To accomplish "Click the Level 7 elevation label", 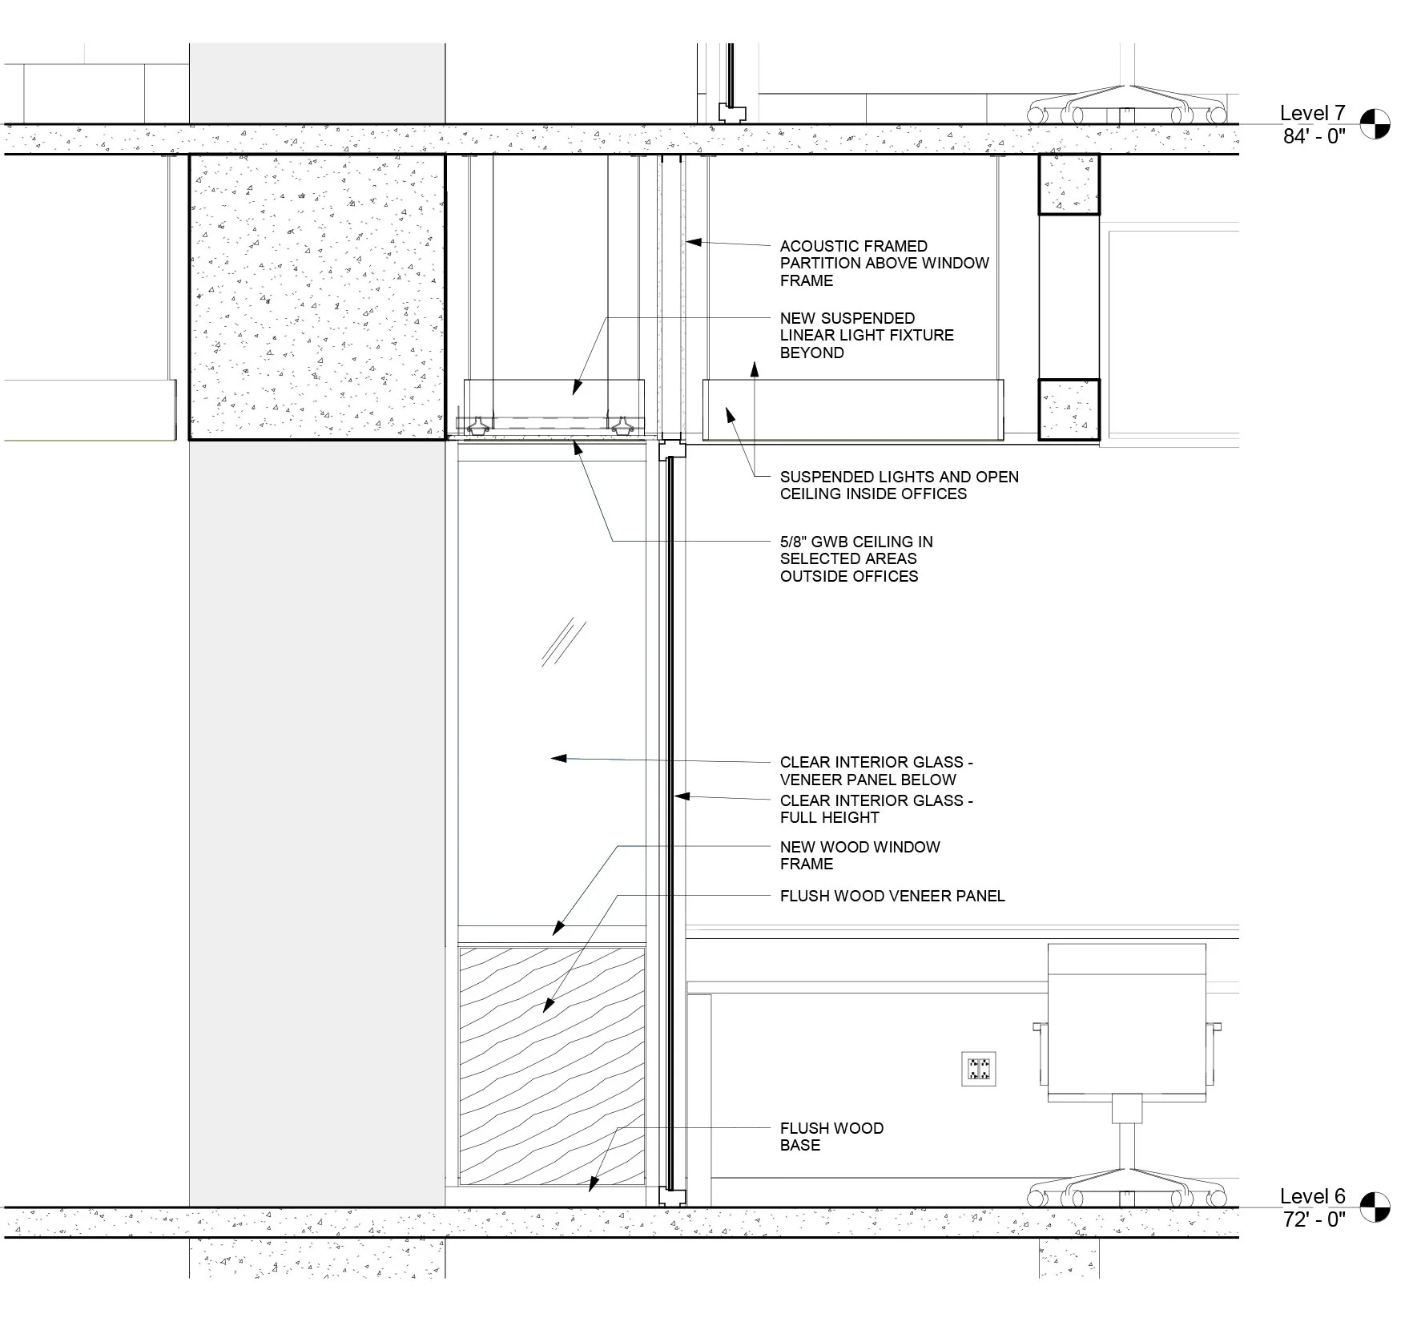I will tap(1312, 113).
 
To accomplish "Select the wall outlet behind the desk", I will tap(978, 1069).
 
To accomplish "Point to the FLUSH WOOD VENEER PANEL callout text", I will tap(892, 896).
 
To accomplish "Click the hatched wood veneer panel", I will tap(551, 1066).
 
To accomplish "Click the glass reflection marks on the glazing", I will tap(563, 642).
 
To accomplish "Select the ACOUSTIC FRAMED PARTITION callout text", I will tap(884, 263).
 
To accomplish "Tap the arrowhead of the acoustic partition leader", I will tap(692, 240).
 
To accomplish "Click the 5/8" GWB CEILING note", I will tap(855, 558).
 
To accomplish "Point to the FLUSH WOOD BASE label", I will tap(831, 1136).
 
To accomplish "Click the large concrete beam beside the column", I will tap(317, 296).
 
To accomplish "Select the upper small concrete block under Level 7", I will tap(1069, 184).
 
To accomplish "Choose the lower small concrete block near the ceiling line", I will tap(1069, 409).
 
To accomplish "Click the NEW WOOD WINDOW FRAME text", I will tap(859, 855).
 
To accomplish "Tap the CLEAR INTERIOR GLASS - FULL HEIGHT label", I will tap(876, 808).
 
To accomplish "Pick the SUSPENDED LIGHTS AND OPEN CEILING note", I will tap(898, 485).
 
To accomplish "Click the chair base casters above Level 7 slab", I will tap(1127, 111).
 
